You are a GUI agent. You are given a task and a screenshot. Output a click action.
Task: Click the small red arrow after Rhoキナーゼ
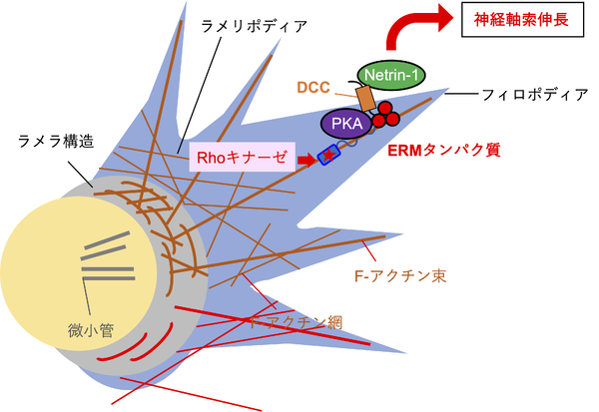coord(307,157)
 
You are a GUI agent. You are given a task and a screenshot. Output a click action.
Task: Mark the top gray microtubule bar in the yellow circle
coord(104,239)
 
